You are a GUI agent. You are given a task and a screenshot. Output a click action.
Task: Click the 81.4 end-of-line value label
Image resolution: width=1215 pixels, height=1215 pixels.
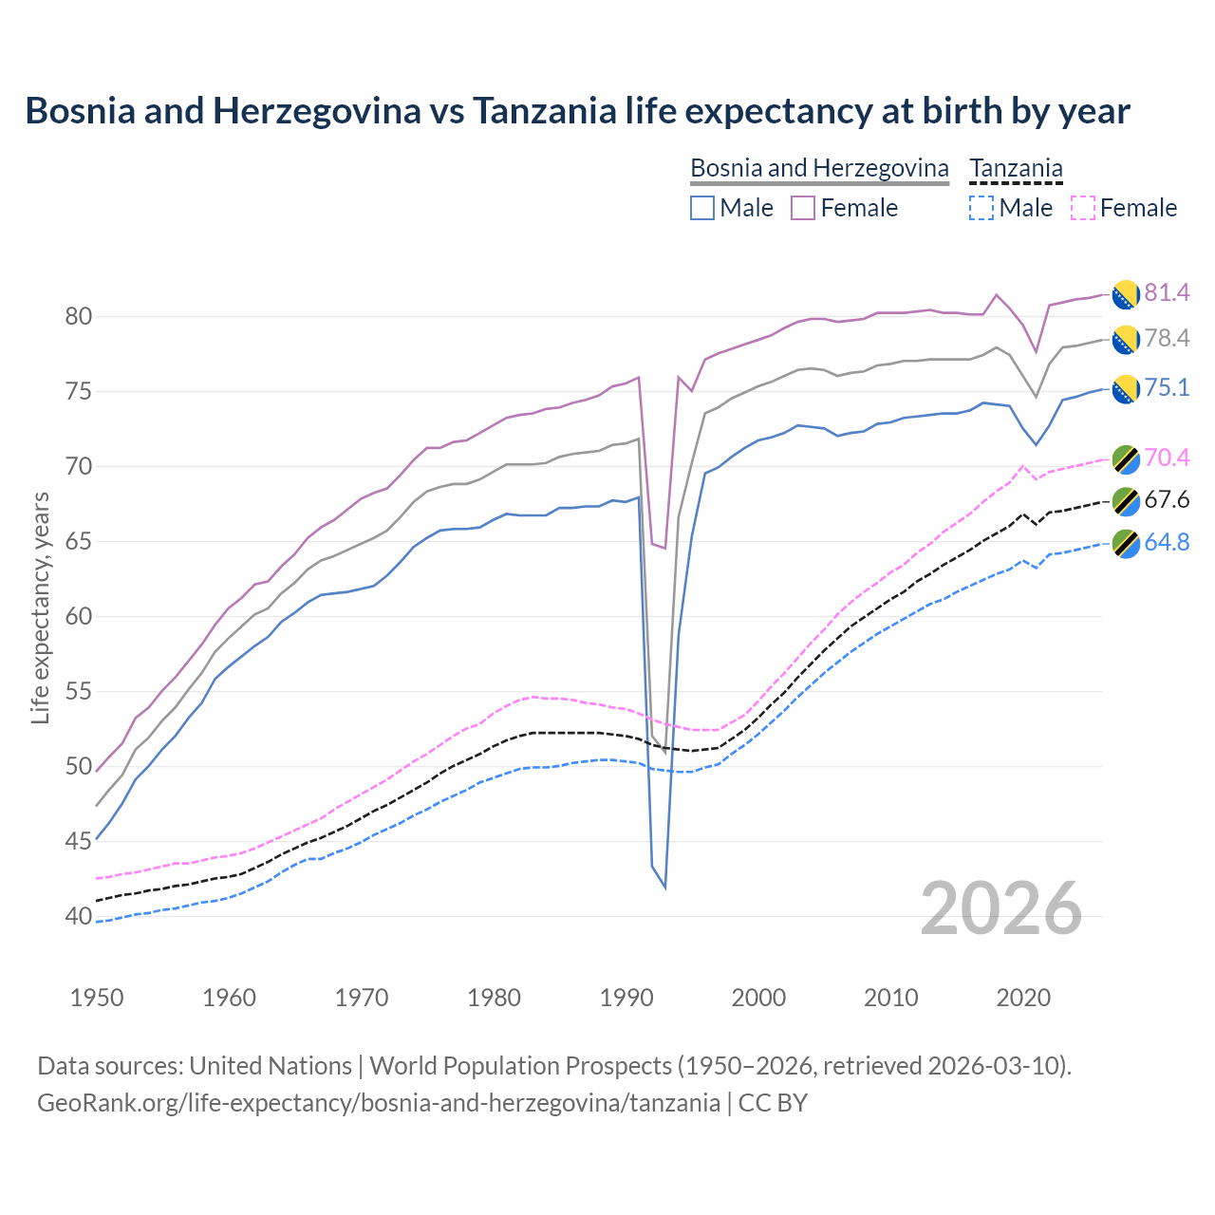click(1167, 292)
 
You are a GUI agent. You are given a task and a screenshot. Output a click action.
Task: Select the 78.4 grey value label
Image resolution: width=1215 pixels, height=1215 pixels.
click(1167, 339)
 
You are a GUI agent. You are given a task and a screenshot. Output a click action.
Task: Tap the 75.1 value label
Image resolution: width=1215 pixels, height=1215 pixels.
click(1167, 388)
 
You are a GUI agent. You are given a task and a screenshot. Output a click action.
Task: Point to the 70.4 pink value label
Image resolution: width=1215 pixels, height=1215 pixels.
click(1167, 458)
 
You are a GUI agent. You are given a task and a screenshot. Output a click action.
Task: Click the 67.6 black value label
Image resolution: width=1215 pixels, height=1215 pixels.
click(1167, 500)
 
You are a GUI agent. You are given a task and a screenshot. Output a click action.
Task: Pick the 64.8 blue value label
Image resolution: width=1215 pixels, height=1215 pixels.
click(1167, 542)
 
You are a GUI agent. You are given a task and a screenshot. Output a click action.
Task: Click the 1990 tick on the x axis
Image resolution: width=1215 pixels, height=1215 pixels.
click(626, 998)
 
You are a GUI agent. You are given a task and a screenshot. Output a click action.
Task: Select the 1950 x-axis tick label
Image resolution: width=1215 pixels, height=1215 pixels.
click(97, 998)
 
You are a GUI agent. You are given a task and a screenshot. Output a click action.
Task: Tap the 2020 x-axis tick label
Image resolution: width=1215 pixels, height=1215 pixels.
click(1023, 998)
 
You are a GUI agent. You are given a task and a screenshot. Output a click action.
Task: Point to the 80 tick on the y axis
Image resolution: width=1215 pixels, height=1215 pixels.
click(78, 317)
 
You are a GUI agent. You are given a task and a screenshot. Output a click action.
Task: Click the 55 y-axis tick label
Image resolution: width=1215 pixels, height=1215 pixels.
click(78, 692)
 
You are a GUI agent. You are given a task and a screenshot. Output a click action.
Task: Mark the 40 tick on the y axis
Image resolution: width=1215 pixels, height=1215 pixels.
click(78, 917)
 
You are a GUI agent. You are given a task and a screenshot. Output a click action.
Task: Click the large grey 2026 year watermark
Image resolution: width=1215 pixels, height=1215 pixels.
click(1000, 908)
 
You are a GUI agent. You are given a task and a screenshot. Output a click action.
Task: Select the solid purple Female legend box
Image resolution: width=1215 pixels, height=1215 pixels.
click(803, 208)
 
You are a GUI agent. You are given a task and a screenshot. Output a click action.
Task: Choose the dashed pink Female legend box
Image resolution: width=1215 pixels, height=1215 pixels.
click(1082, 208)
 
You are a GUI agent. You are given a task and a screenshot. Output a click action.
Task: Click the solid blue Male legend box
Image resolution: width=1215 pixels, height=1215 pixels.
click(702, 208)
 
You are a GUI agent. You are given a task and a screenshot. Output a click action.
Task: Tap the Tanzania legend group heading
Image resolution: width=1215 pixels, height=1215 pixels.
click(1016, 168)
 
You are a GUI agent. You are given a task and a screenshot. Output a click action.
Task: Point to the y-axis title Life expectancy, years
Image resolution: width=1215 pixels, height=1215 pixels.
click(40, 607)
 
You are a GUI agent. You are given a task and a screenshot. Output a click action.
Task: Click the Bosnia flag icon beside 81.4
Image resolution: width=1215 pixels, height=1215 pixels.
click(1126, 294)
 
